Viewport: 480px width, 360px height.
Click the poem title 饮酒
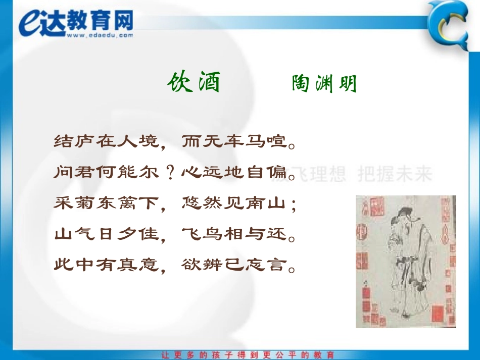(x=194, y=82)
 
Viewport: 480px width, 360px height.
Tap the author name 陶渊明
(x=324, y=84)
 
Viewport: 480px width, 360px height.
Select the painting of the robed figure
(x=406, y=261)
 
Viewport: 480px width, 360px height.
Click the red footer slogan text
(x=248, y=354)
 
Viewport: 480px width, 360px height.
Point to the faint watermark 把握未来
(x=395, y=174)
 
